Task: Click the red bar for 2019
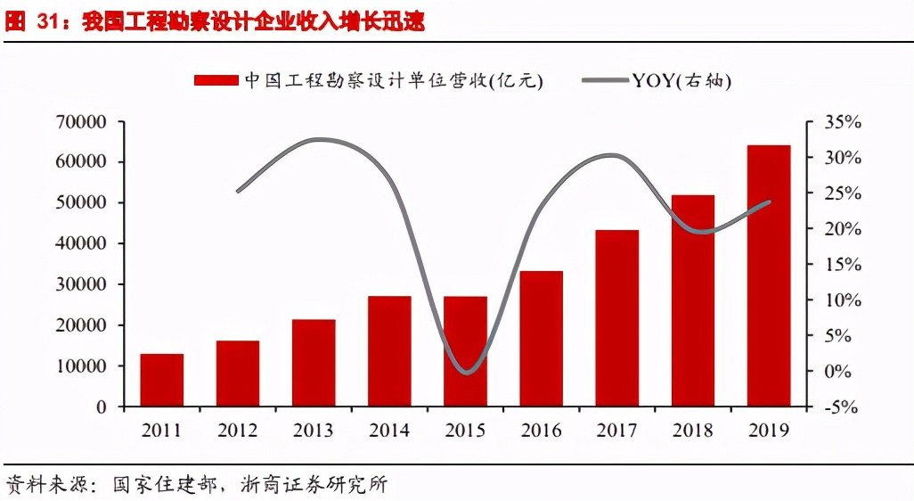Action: tap(769, 275)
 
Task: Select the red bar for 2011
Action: tap(161, 380)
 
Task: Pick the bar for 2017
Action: tap(617, 318)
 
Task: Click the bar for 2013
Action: tap(314, 363)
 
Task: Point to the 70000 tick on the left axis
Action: tap(83, 122)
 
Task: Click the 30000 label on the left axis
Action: tap(83, 284)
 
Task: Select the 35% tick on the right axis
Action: tap(841, 122)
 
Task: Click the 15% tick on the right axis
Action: tap(841, 265)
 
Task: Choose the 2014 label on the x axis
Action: tap(389, 431)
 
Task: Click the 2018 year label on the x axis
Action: tap(693, 431)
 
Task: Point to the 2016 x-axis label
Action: tap(541, 431)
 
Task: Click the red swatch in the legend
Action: tap(216, 80)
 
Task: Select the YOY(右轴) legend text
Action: tap(681, 80)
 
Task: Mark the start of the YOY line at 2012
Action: tap(238, 191)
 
